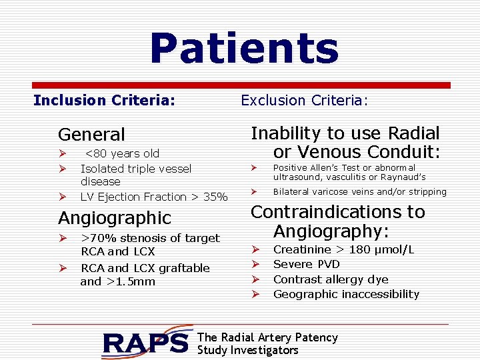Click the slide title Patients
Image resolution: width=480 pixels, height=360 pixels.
tap(244, 49)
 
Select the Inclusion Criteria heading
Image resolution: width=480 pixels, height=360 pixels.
tap(105, 101)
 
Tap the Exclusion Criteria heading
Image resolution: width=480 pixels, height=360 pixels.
tap(304, 101)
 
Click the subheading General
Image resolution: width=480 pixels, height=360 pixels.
tap(91, 135)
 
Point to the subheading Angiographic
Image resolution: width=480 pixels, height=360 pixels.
tap(115, 218)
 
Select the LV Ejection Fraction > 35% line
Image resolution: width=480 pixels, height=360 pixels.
tap(154, 197)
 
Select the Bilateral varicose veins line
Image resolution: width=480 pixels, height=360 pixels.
tap(360, 192)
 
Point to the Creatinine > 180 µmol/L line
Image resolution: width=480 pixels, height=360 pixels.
tap(344, 250)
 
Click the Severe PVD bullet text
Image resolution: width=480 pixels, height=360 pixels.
tap(307, 265)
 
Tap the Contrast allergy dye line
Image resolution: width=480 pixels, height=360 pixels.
tap(331, 279)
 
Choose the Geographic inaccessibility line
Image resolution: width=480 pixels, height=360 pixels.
tap(347, 294)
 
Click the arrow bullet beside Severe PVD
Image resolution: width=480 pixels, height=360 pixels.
tap(255, 265)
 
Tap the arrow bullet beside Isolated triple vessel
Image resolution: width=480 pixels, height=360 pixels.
tap(62, 169)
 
